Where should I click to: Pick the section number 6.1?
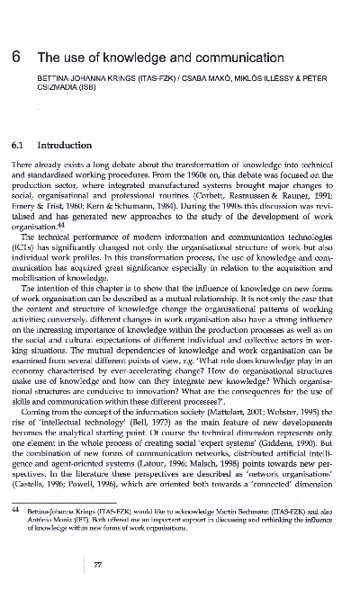point(18,144)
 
